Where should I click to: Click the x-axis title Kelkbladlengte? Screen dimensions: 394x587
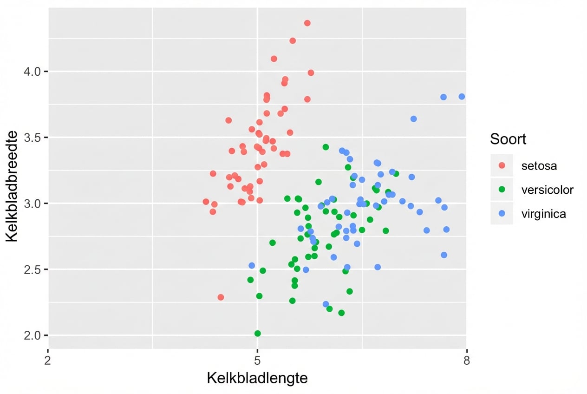click(x=257, y=378)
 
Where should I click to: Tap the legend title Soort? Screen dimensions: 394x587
click(x=508, y=139)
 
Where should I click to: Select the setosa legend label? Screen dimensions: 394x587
click(x=539, y=165)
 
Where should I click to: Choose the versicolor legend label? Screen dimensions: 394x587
click(x=547, y=190)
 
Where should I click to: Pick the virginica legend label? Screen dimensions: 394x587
click(x=543, y=214)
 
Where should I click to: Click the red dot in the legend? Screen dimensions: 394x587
click(x=502, y=165)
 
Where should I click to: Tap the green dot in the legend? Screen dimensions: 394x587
click(x=502, y=190)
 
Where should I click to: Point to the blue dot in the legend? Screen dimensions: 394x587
click(x=502, y=214)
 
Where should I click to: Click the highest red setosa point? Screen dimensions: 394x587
click(x=307, y=23)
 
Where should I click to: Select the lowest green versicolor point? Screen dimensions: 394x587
click(x=257, y=334)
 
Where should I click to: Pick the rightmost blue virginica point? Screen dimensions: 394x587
click(x=462, y=97)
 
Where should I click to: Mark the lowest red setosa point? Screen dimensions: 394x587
click(x=221, y=297)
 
